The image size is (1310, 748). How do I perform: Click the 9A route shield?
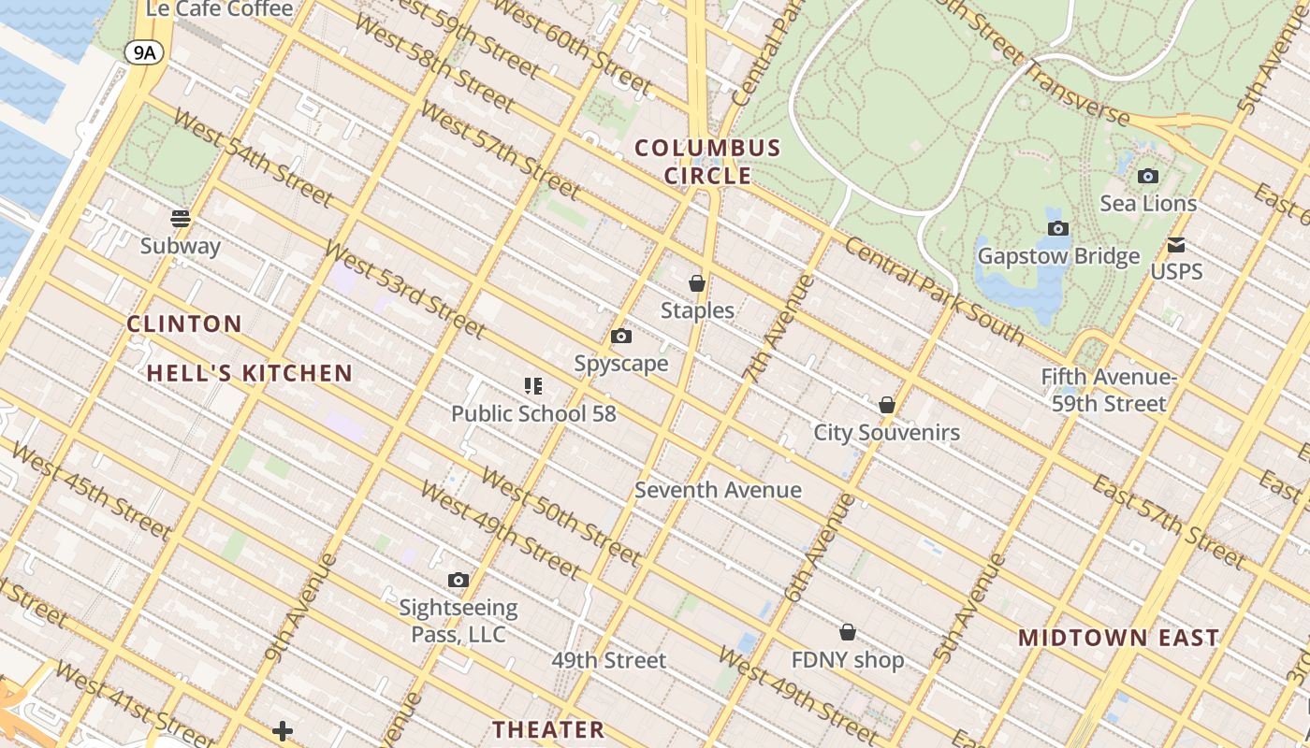coord(144,52)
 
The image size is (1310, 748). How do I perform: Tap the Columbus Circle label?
coord(707,162)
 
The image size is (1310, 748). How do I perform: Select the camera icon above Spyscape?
coord(621,337)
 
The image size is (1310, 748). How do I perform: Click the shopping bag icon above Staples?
coord(697,282)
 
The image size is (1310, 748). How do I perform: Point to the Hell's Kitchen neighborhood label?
coord(250,374)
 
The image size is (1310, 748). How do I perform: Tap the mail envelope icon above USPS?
coord(1176,245)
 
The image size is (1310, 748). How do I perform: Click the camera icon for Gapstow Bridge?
coord(1058,228)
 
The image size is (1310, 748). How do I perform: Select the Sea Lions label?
coord(1148,204)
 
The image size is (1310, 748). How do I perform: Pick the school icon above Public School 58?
coord(533,385)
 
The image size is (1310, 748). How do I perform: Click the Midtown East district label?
coord(1118,639)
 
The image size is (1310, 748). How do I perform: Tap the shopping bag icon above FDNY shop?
coord(848,632)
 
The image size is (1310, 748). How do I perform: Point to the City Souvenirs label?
coord(886,433)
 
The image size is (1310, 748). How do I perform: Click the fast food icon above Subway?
coord(181,219)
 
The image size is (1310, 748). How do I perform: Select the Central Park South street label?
coord(934,290)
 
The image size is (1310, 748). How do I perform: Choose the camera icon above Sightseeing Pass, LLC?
coord(458,580)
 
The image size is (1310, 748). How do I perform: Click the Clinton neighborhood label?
coord(184,324)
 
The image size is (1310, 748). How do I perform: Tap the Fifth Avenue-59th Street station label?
coord(1108,391)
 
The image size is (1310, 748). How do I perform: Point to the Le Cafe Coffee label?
coord(220,9)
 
